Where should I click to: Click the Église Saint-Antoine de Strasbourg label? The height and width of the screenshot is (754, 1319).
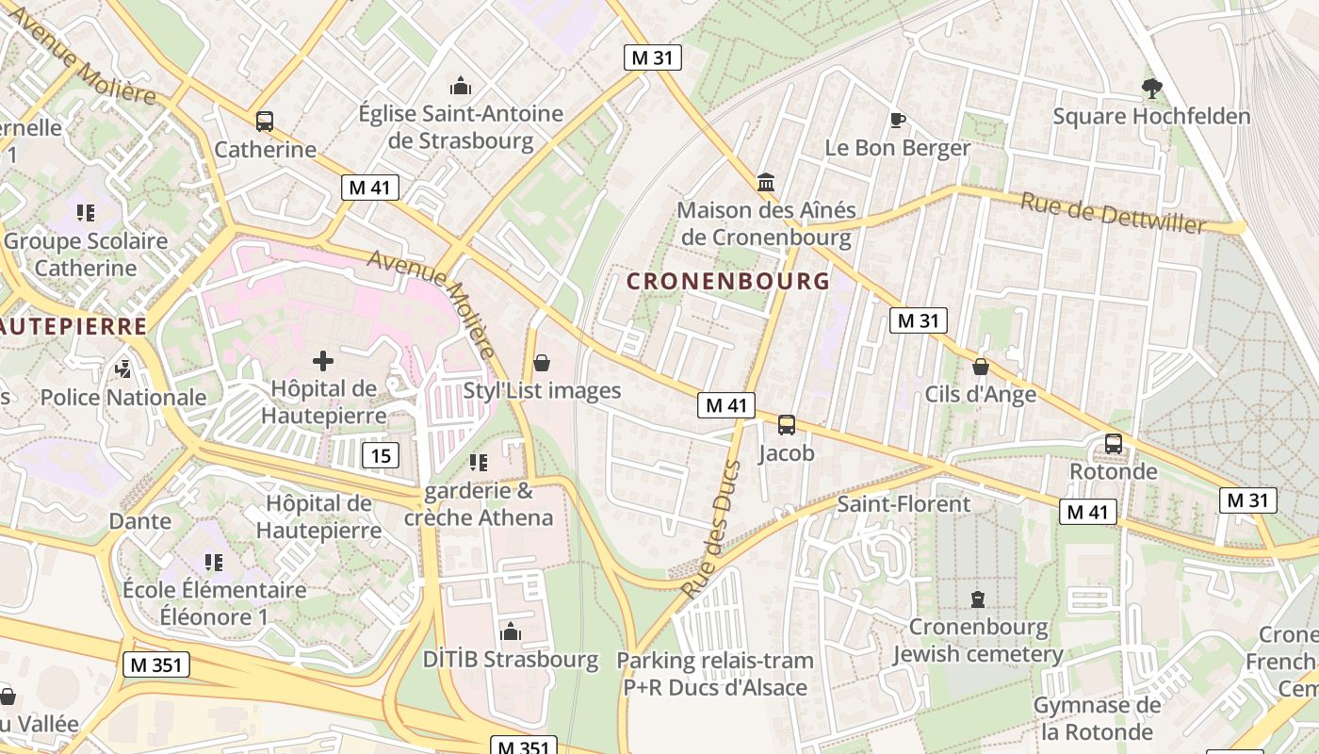coord(461,127)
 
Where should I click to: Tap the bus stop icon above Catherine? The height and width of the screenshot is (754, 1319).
coord(265,121)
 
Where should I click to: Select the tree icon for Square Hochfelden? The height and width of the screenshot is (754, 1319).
coord(1151,89)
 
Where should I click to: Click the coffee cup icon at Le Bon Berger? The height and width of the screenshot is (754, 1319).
coord(897,120)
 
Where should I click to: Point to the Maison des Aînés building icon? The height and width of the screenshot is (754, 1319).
coord(766,182)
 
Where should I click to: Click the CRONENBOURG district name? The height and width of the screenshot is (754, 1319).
coord(728,281)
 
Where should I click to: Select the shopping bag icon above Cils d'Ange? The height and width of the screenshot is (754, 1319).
coord(981,367)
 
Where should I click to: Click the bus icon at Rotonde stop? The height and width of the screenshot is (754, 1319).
coord(1114,443)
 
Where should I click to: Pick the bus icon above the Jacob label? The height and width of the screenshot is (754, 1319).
coord(787,425)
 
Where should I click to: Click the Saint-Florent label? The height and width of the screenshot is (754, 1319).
coord(904,504)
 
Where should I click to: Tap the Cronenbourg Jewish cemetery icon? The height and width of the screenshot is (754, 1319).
coord(978,598)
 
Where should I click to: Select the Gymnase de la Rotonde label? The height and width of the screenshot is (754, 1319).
coord(1097,718)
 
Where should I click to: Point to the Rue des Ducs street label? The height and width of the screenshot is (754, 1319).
coord(710,530)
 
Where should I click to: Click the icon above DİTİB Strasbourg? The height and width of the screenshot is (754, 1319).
coord(511,631)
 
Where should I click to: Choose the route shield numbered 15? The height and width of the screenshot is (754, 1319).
coord(381,456)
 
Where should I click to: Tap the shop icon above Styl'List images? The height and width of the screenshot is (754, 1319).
coord(542,363)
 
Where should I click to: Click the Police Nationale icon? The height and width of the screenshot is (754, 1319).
coord(123,369)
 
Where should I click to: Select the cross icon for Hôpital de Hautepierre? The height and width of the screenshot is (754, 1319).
coord(323,360)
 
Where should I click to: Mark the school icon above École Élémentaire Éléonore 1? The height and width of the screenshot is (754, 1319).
coord(214,563)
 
